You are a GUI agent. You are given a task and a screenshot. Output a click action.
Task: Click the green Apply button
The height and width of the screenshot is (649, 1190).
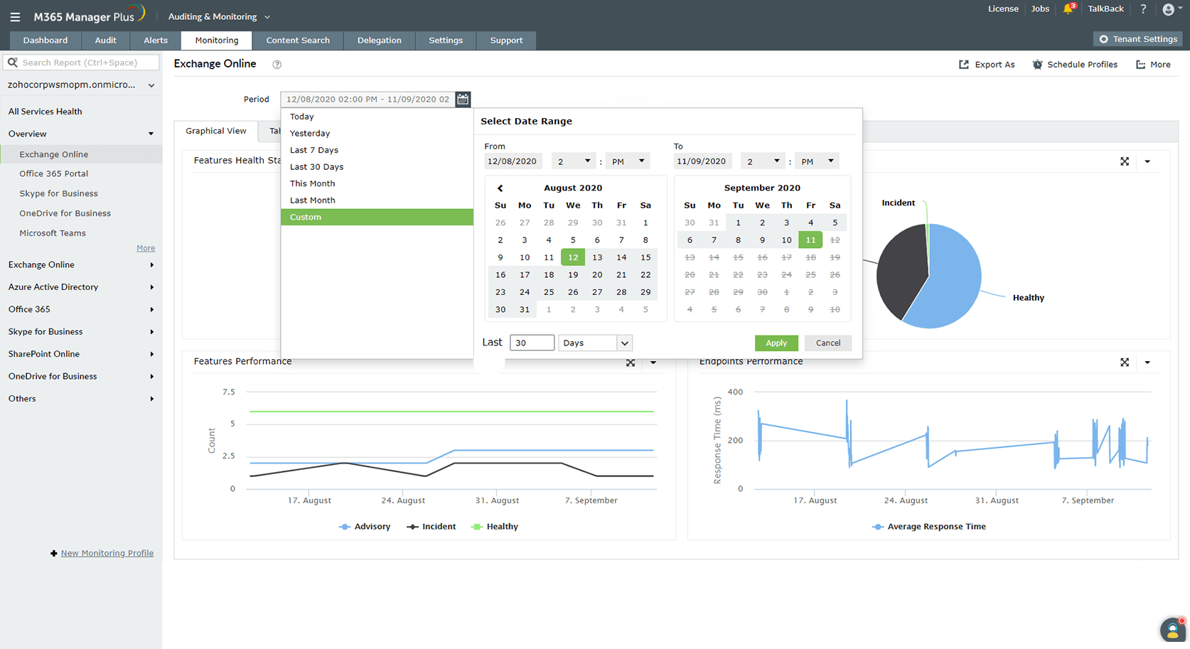[x=776, y=343]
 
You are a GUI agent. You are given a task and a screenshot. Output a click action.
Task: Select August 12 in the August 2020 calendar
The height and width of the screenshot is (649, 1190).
[x=573, y=257]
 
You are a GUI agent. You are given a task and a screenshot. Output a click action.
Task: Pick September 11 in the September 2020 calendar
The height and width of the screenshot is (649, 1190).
[x=810, y=240]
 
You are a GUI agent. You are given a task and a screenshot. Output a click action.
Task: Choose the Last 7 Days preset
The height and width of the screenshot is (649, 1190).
[x=314, y=150]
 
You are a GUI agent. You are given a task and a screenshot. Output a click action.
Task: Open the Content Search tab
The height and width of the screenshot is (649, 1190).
[x=298, y=41]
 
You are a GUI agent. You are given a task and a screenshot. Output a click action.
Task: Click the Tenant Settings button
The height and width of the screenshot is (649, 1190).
[x=1137, y=39]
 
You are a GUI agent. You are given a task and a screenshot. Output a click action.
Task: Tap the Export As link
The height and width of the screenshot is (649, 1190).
[x=987, y=65]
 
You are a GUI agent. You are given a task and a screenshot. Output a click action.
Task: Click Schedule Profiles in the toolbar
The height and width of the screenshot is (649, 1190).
[x=1075, y=65]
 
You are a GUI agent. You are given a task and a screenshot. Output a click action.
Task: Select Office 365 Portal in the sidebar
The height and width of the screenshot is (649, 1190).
[x=54, y=173]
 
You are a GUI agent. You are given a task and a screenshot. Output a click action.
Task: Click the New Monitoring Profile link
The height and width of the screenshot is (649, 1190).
[x=107, y=553]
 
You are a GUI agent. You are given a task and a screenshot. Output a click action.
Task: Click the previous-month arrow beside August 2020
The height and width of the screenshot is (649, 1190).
[x=500, y=188]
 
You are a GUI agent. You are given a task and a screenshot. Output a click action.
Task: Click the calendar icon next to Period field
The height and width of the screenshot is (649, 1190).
[x=463, y=100]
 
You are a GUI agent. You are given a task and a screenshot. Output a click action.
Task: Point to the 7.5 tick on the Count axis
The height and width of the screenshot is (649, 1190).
[x=228, y=392]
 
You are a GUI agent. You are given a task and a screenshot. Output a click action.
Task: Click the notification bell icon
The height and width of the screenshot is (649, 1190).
[x=1068, y=9]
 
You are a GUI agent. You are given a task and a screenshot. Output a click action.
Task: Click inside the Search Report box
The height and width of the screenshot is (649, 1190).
[x=85, y=63]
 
